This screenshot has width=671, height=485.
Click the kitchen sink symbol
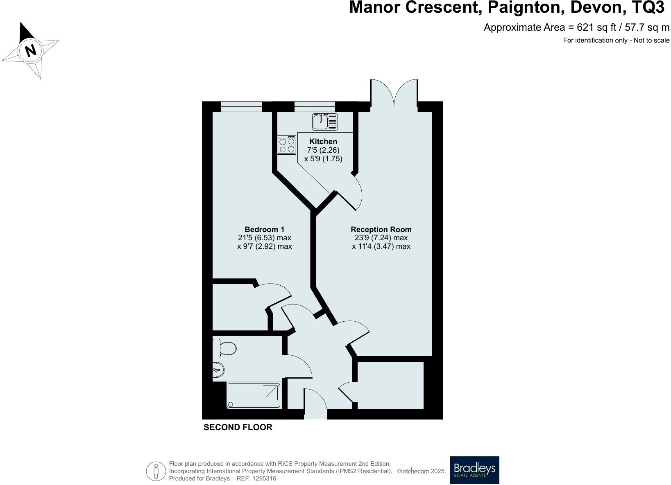point(325,122)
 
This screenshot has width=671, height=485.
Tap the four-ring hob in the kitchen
point(287,145)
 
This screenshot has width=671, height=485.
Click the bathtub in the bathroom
point(254,395)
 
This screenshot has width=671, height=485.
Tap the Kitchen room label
point(323,141)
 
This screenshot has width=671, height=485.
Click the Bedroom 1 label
point(264,229)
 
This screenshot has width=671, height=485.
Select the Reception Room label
point(381,229)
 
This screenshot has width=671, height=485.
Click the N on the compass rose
point(31,50)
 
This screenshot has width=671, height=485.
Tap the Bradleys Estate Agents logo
point(474,470)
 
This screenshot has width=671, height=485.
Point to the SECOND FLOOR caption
point(238,427)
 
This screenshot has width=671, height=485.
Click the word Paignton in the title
point(524,7)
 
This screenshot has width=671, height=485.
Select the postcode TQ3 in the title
point(645,7)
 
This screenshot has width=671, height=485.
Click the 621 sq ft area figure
point(596,27)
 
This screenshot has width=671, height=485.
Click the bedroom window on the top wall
point(241,107)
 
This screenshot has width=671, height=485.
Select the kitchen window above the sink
point(315,107)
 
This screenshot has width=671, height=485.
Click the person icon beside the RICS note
point(156,471)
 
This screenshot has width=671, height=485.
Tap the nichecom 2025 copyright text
point(422,471)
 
